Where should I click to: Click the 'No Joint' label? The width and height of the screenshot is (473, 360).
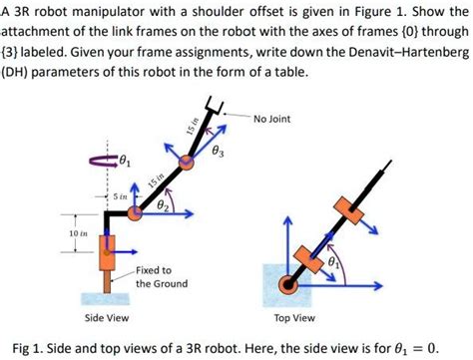click(x=272, y=119)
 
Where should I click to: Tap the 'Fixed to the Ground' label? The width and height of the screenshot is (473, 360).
click(x=154, y=276)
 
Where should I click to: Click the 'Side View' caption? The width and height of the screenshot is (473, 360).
click(x=105, y=318)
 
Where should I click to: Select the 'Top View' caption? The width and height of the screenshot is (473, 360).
click(x=294, y=318)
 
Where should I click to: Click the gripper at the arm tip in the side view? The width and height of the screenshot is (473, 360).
click(x=212, y=103)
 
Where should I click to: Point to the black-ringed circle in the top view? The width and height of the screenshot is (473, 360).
click(x=291, y=284)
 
